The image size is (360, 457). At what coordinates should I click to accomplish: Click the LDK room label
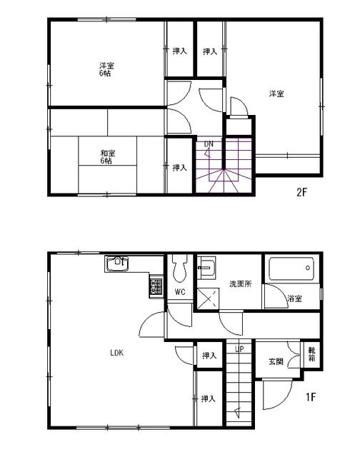coord(117,352)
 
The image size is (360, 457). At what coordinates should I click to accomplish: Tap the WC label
coord(179,292)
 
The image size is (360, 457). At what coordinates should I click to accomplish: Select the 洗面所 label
coord(240,284)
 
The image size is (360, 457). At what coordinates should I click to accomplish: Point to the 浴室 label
coord(294,298)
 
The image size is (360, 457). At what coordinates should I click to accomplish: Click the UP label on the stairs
coord(240,349)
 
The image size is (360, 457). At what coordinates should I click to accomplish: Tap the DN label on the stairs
coord(209,144)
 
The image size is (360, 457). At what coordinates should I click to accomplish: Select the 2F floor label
coord(303,191)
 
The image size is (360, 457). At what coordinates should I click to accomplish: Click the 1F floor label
coord(311,397)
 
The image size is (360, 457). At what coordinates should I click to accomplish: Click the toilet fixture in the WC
coord(179,270)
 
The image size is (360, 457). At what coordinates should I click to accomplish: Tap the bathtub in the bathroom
coord(291,271)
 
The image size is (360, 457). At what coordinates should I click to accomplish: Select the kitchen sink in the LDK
coord(117,264)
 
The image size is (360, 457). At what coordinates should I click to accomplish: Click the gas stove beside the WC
coord(156,287)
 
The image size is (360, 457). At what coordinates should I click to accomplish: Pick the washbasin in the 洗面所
coord(206,269)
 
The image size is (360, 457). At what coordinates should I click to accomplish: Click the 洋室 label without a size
coord(277,94)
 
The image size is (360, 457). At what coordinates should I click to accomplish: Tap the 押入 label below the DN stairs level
coord(180,168)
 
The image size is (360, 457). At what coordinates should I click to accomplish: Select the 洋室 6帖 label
coord(106,70)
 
